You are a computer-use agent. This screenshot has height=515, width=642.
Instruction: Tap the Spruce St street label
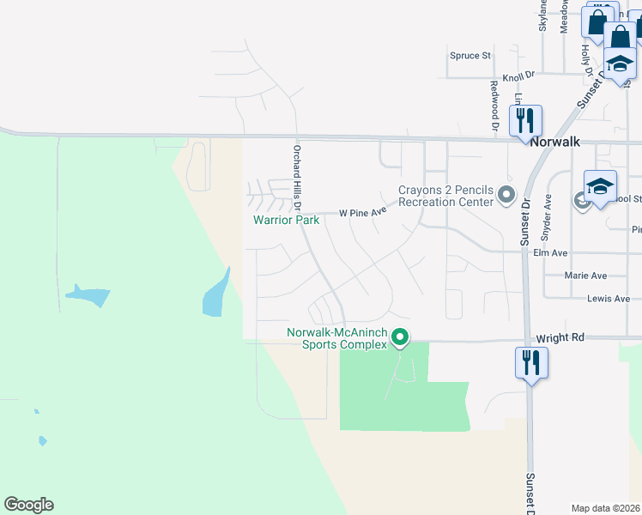coord(469,56)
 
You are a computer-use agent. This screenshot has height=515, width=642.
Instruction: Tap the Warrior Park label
coord(286,221)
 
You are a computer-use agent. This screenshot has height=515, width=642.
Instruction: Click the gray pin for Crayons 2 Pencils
coord(506,195)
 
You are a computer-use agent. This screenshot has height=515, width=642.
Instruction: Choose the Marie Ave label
coord(586,276)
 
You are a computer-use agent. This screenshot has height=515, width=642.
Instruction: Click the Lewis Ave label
coord(609,299)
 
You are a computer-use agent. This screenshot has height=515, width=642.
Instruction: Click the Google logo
coord(28,505)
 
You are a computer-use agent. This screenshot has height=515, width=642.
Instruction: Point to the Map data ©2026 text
coord(606,508)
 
